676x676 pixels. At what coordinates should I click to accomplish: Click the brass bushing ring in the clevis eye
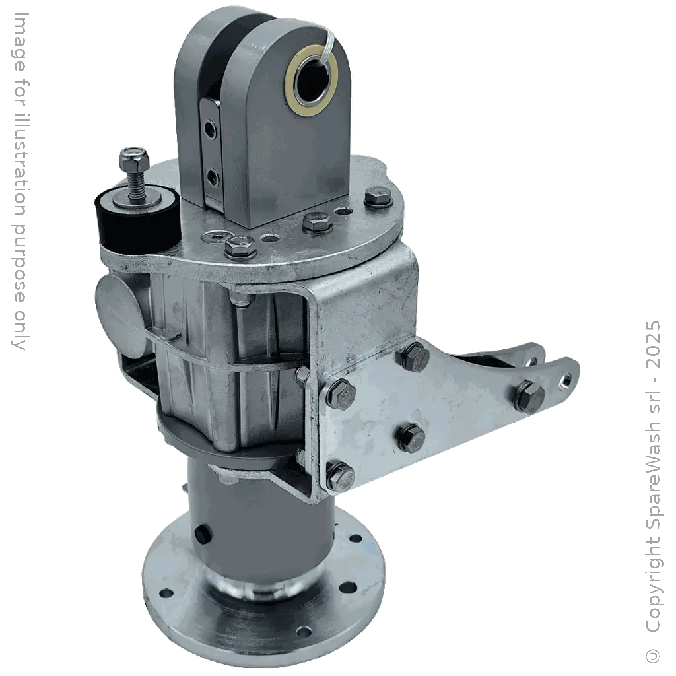tap(311, 85)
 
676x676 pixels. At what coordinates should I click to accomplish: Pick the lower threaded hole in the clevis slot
tap(212, 176)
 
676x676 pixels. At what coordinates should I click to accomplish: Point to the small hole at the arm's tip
tap(566, 380)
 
